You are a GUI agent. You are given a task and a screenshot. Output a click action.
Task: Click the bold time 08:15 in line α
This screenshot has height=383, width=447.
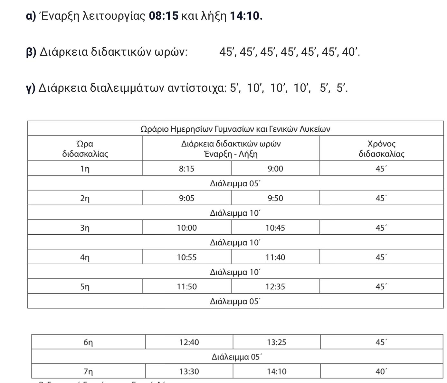click(163, 16)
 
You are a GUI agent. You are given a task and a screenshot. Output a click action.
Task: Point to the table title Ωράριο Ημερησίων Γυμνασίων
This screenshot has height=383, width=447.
click(235, 129)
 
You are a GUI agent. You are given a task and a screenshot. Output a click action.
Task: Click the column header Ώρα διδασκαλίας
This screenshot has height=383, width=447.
click(85, 149)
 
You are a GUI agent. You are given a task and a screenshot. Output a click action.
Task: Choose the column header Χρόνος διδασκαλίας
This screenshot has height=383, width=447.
click(381, 149)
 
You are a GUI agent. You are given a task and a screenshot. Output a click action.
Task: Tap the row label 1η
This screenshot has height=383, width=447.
click(85, 169)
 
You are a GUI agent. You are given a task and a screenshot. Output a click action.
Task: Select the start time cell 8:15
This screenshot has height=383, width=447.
click(187, 169)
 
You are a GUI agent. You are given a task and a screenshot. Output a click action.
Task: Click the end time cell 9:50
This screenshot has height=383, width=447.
click(275, 198)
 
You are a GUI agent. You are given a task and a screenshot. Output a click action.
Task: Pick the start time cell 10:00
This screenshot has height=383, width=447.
click(187, 228)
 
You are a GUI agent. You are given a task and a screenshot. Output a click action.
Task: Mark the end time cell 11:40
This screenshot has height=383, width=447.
click(275, 257)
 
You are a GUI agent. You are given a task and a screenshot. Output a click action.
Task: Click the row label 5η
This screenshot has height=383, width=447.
click(85, 286)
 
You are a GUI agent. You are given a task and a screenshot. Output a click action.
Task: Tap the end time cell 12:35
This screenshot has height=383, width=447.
click(275, 286)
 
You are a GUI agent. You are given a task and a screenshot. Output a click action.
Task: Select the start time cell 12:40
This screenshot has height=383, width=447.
click(189, 342)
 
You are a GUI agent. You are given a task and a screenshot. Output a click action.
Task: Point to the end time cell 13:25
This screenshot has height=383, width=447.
click(277, 342)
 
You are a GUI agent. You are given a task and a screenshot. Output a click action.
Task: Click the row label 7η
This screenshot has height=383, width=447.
click(88, 371)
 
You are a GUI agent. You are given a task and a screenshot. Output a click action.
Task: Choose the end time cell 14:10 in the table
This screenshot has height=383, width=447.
click(277, 371)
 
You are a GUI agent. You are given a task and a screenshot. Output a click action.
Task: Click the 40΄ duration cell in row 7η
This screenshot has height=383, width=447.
click(381, 371)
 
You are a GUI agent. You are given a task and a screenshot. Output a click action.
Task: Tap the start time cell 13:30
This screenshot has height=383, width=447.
click(189, 371)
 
